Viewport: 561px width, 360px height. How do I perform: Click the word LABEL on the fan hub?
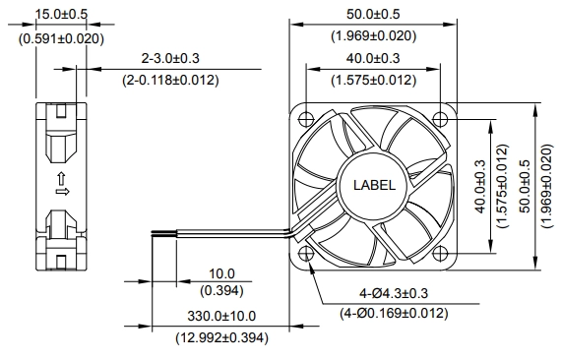point(374,185)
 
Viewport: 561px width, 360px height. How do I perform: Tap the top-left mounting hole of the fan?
point(306,118)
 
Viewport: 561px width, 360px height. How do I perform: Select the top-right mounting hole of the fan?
point(440,118)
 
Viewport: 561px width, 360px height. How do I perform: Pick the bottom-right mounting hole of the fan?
point(440,254)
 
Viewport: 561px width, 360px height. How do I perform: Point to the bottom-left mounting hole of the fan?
point(306,254)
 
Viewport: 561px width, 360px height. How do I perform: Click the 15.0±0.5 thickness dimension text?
point(61,14)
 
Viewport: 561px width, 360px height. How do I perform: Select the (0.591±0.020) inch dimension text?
point(61,38)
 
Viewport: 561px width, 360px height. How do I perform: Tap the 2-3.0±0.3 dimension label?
point(170,58)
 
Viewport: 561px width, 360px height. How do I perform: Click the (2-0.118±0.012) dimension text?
point(170,80)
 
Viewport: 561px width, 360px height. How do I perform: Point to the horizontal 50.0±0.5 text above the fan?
point(373,14)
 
